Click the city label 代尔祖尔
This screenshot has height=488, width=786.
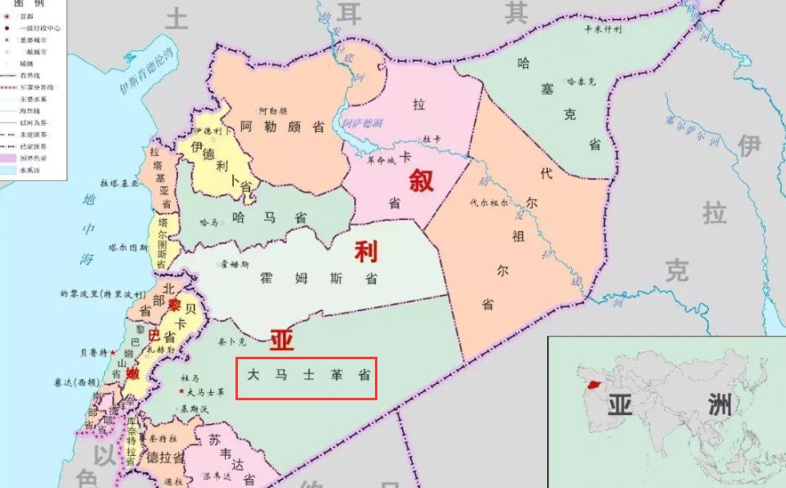490,201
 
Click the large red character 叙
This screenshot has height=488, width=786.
421,180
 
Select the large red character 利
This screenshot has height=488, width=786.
366,252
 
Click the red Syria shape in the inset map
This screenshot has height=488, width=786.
590,382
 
